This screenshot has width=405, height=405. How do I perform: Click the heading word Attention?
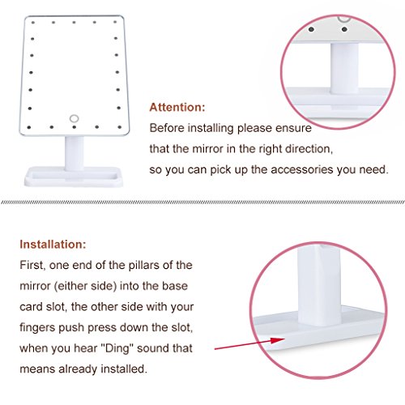click(x=177, y=107)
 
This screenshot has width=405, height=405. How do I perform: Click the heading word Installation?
click(x=53, y=245)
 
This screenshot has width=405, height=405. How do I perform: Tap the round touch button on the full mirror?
click(x=74, y=118)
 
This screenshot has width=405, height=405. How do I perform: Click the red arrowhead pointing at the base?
click(x=277, y=340)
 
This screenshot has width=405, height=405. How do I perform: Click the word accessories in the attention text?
click(x=302, y=170)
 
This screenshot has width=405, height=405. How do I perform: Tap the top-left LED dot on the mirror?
click(x=33, y=23)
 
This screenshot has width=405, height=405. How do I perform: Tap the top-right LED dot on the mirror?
click(x=115, y=22)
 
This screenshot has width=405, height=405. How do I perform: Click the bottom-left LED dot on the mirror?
click(x=29, y=127)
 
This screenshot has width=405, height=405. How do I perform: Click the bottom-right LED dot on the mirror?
click(x=120, y=127)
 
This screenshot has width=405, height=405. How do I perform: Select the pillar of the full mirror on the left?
click(x=74, y=153)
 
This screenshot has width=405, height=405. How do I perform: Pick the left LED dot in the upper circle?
click(x=311, y=29)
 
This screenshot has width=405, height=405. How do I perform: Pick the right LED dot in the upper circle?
click(x=344, y=29)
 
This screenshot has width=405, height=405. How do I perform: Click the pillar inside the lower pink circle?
click(x=319, y=285)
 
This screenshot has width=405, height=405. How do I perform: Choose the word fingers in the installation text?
click(x=37, y=328)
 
